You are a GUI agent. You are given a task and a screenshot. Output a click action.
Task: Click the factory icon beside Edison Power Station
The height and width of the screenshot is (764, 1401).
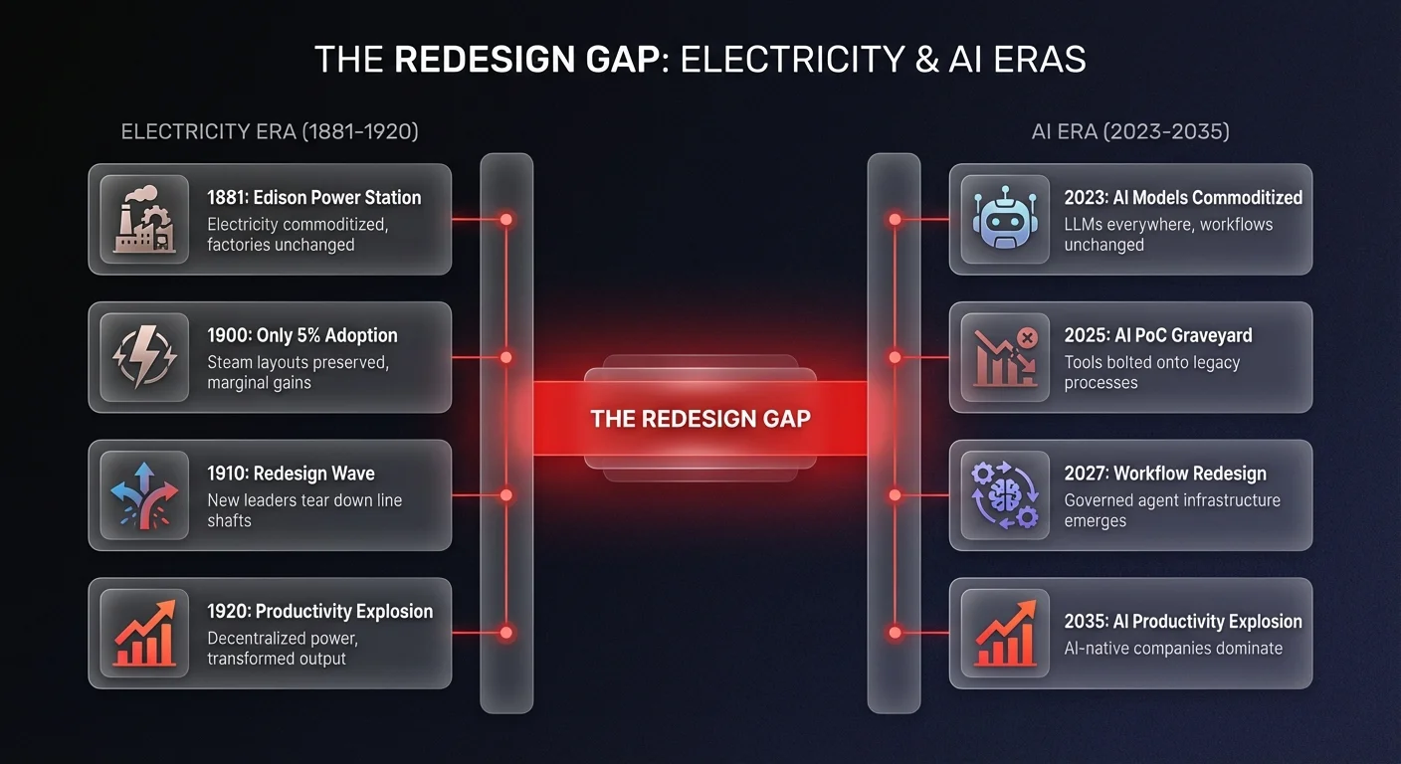coord(144,220)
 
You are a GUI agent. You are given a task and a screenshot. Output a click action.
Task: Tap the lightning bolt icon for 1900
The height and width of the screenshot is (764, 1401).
coord(144,357)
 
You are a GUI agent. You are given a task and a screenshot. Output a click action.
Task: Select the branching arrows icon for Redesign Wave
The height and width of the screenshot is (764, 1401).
coord(144,495)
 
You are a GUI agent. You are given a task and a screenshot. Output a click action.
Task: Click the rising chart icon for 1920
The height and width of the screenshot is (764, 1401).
coord(144,633)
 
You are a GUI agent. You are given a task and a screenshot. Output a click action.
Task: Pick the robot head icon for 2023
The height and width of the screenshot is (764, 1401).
coord(1005,220)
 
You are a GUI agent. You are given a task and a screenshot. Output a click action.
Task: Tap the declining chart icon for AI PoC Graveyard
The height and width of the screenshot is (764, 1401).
coord(1005,357)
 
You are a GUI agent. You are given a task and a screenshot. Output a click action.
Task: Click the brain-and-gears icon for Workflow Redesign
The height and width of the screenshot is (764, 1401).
coord(1005,495)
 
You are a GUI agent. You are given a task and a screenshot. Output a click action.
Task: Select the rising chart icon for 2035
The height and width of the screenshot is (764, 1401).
coord(1005,633)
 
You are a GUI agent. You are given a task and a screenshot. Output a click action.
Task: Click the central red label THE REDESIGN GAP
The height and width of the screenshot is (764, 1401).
coord(700,419)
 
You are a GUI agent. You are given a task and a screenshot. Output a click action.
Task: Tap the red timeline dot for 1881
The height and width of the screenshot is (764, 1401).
coord(505,219)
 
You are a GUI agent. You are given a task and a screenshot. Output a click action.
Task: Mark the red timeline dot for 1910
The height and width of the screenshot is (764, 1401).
coord(505,494)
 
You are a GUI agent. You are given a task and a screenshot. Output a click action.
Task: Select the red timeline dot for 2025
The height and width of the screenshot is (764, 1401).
coord(895,357)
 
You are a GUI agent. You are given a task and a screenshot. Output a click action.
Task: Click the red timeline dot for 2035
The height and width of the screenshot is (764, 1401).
coord(895,633)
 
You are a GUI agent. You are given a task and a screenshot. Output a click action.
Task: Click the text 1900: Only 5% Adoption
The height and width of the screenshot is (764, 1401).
coord(301,335)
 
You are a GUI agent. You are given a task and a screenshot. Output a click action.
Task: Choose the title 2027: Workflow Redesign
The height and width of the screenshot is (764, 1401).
coord(1165,474)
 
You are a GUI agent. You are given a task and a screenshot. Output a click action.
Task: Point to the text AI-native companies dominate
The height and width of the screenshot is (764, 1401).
coord(1173,649)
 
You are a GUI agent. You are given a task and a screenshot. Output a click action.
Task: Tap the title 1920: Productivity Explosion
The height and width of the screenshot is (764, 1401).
coord(319,611)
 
